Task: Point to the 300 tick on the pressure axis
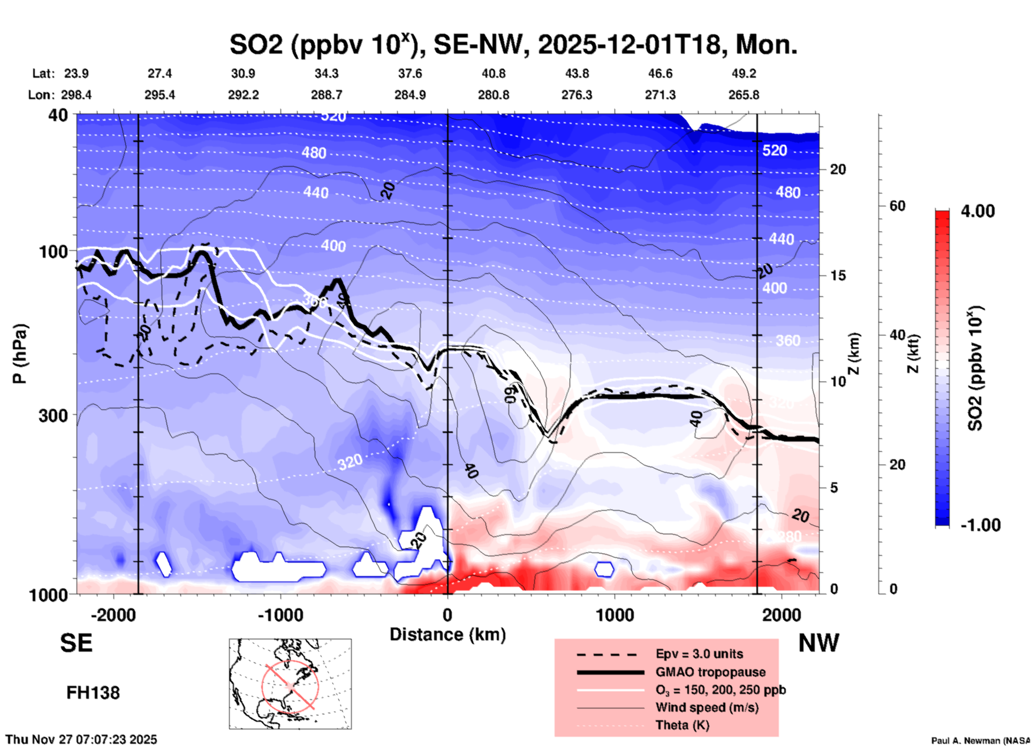tap(53, 416)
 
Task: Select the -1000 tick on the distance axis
tap(281, 615)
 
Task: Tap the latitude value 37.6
tap(410, 73)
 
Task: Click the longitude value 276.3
tap(577, 95)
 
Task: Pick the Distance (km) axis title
tap(448, 634)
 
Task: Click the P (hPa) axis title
tap(20, 354)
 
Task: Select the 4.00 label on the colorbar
tap(977, 211)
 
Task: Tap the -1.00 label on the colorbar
tap(980, 525)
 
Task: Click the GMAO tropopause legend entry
tap(710, 672)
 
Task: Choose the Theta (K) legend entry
tap(682, 725)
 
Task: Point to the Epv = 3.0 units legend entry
tap(699, 654)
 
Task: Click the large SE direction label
tap(76, 643)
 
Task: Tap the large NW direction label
tap(818, 643)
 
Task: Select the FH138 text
tap(93, 693)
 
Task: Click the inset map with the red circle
tap(290, 684)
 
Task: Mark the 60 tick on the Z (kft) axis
tap(897, 206)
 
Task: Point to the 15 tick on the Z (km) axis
tap(838, 275)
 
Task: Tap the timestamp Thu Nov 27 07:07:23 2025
tap(81, 739)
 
